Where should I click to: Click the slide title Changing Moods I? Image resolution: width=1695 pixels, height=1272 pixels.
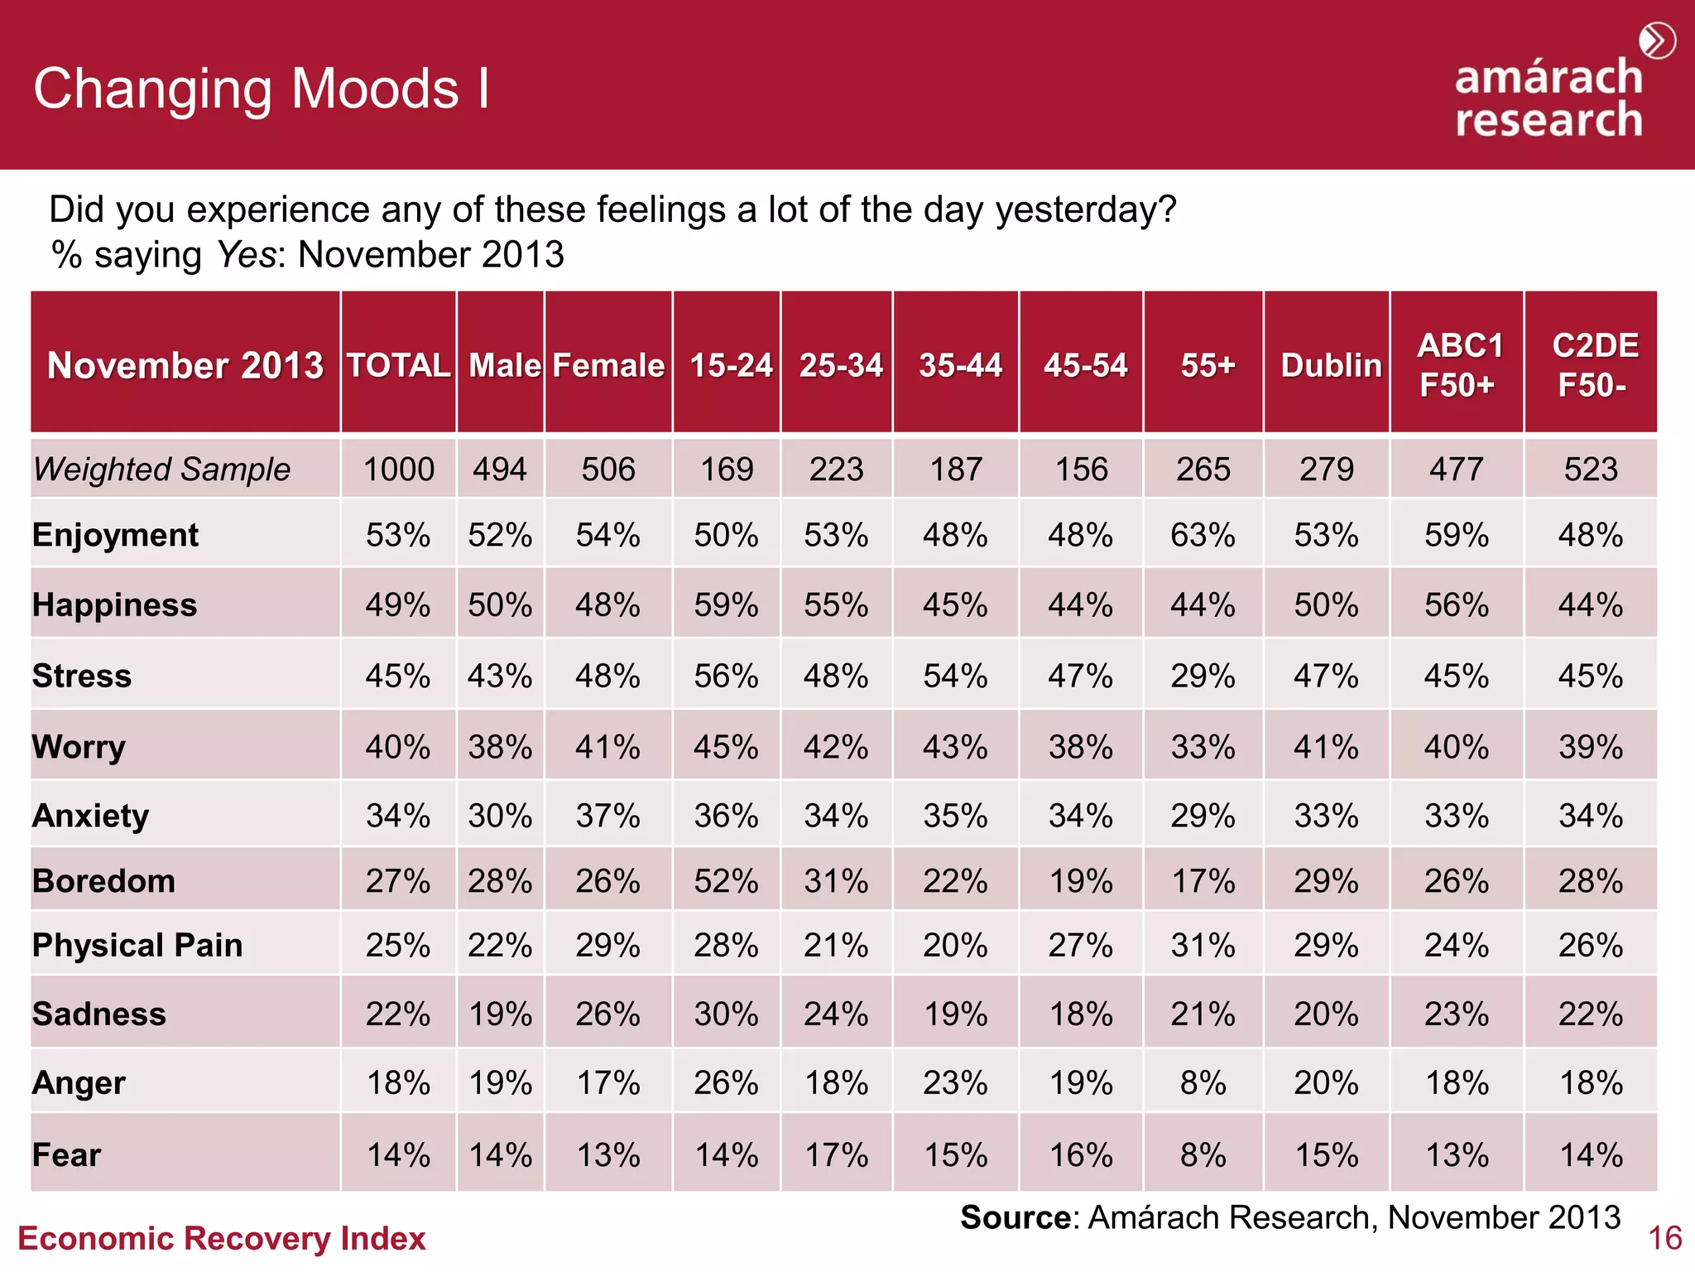click(262, 89)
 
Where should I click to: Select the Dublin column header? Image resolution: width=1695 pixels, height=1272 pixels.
click(1330, 365)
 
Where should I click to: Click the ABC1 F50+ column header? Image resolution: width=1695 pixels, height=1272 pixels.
click(1458, 365)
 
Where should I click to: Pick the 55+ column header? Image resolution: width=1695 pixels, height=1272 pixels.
click(1207, 365)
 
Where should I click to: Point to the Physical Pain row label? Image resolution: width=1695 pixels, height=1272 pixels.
click(137, 945)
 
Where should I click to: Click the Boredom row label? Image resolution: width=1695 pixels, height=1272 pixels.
click(103, 880)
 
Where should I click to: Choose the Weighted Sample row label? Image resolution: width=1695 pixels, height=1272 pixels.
click(162, 470)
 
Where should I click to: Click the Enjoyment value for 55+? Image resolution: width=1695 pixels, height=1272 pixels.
click(1203, 535)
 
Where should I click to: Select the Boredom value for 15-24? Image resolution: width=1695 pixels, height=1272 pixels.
click(726, 880)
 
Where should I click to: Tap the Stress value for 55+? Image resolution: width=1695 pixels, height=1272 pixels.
click(1203, 676)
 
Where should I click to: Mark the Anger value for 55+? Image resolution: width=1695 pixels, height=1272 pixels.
click(1203, 1082)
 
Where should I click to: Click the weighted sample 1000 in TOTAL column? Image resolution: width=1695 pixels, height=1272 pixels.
click(398, 470)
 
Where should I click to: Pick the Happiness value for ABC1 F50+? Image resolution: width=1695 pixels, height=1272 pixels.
click(1457, 605)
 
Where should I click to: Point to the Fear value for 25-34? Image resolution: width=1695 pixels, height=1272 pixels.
click(836, 1154)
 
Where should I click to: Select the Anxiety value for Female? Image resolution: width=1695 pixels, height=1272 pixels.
click(607, 816)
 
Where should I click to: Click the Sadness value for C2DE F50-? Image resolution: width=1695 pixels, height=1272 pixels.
click(1590, 1014)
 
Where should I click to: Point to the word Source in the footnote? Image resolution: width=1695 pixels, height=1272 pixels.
click(1016, 1217)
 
